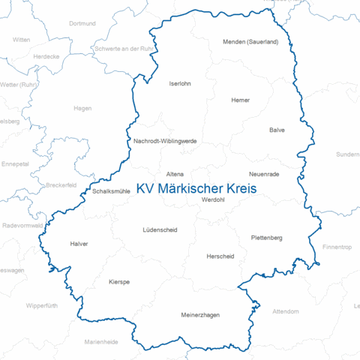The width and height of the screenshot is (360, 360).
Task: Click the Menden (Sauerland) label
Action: [x=250, y=42]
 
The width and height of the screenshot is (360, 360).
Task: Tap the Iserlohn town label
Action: [x=181, y=83]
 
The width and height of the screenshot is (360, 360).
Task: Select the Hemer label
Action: [x=241, y=100]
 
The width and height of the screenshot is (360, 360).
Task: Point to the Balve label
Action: [x=277, y=130]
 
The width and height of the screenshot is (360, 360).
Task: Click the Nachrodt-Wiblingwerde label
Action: [x=165, y=141]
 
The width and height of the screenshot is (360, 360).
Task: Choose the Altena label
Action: [x=175, y=173]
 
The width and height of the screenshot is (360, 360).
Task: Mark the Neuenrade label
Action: [x=264, y=174]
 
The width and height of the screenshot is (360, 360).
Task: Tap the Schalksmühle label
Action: [x=112, y=191]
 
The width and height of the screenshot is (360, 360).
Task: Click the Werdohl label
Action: [x=213, y=199]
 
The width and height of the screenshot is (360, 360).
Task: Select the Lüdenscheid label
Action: [x=160, y=229]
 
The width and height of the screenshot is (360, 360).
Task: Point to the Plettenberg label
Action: [x=266, y=238]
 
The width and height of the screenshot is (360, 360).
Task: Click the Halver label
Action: [x=79, y=244]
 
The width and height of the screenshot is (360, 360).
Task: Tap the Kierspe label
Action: [x=119, y=282]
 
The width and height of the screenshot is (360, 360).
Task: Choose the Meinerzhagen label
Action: [x=200, y=315]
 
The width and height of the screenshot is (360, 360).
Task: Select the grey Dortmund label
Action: [x=82, y=24]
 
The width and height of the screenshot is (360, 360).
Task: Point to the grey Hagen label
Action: [x=82, y=108]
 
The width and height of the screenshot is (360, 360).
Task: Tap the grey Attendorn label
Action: [x=285, y=310]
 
